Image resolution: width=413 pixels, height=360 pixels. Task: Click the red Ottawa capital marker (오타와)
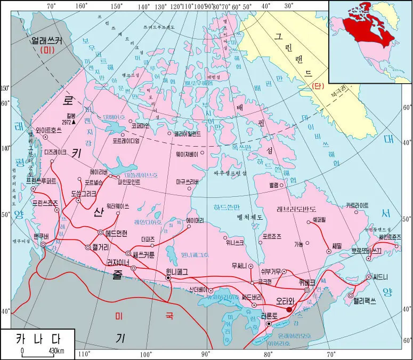click(289, 309)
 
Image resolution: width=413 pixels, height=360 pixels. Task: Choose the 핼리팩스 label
click(364, 301)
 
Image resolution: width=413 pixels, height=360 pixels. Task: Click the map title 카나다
click(37, 338)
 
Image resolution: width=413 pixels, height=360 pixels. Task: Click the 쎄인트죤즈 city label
click(390, 236)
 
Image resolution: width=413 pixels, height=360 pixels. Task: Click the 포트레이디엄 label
click(126, 141)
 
